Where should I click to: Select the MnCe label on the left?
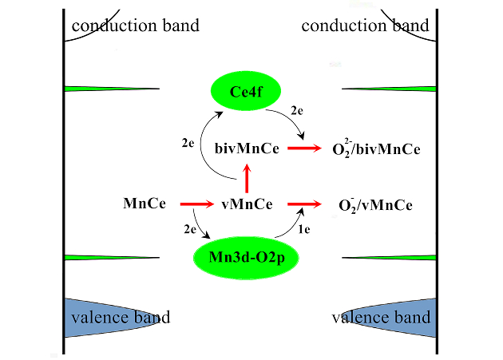[x=145, y=204]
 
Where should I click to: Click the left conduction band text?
[x=135, y=26]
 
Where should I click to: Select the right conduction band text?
[x=365, y=26]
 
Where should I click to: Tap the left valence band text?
[x=120, y=318]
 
